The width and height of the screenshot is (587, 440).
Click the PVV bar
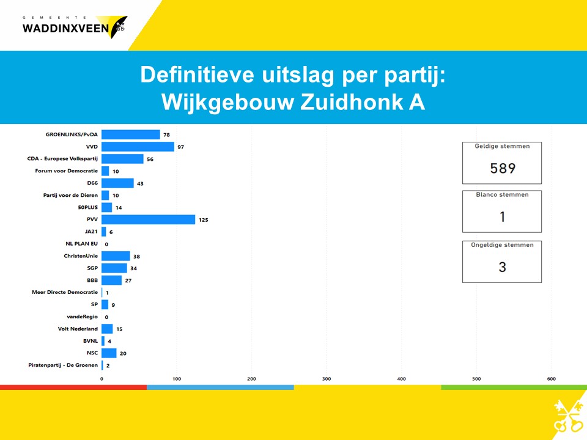pyautogui.click(x=148, y=219)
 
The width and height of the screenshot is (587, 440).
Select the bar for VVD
pyautogui.click(x=138, y=147)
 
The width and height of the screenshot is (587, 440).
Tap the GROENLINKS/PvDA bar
pyautogui.click(x=131, y=134)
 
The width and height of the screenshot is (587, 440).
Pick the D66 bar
pyautogui.click(x=117, y=183)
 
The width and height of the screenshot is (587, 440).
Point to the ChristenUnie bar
pyautogui.click(x=116, y=256)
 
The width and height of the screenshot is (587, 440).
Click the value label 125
pyautogui.click(x=203, y=220)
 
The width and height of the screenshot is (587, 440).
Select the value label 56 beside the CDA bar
pyautogui.click(x=150, y=159)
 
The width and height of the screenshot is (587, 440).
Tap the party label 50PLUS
pyautogui.click(x=87, y=207)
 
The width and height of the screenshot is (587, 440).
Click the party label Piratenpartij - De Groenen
pyautogui.click(x=63, y=365)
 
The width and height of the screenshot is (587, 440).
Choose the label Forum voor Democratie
pyautogui.click(x=66, y=170)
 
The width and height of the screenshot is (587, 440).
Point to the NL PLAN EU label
pyautogui.click(x=81, y=244)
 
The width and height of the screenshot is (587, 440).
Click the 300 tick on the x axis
pyautogui.click(x=327, y=379)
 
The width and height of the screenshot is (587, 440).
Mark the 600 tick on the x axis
pyautogui.click(x=551, y=379)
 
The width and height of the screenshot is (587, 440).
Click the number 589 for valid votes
pyautogui.click(x=503, y=169)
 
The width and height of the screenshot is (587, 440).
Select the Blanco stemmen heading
pyautogui.click(x=502, y=194)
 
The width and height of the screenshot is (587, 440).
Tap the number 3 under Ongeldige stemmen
pyautogui.click(x=503, y=267)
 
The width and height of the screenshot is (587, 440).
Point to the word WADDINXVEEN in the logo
pyautogui.click(x=65, y=28)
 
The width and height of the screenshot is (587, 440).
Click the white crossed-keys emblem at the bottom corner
pyautogui.click(x=569, y=416)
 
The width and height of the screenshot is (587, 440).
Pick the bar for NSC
pyautogui.click(x=109, y=353)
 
